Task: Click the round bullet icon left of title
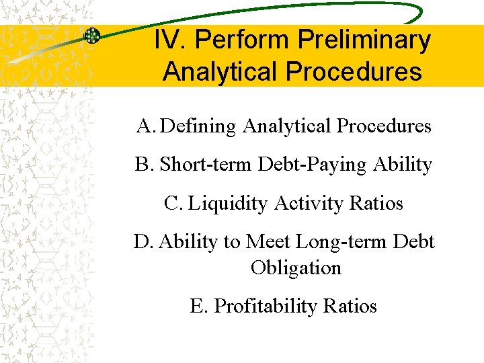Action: [91, 36]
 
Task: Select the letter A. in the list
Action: [146, 126]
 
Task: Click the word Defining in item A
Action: [200, 126]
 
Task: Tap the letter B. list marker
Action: [145, 164]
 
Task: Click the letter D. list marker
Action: [144, 241]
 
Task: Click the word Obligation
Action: [296, 268]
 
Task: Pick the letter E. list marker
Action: [199, 306]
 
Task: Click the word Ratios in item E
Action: [350, 306]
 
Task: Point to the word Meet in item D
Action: [270, 241]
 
